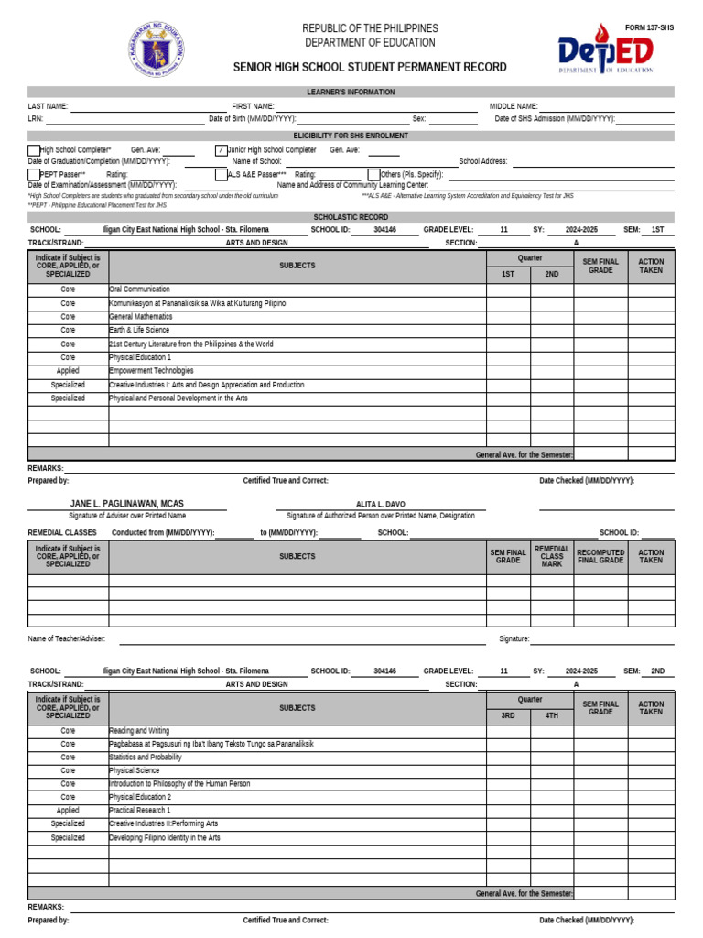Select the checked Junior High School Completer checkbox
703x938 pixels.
click(x=221, y=150)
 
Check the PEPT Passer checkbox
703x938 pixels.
click(x=34, y=174)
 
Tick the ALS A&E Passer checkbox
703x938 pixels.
click(x=221, y=174)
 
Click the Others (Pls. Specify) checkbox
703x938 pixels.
click(x=373, y=174)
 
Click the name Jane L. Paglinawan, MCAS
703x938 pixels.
click(x=127, y=504)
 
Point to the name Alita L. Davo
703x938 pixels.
click(x=380, y=504)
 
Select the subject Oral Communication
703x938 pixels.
click(x=140, y=289)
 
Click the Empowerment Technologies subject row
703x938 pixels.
click(x=152, y=371)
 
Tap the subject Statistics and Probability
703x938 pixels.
click(x=146, y=758)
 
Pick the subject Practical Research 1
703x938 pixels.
click(x=140, y=811)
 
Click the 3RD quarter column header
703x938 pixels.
click(x=507, y=715)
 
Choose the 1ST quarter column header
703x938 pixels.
click(x=507, y=274)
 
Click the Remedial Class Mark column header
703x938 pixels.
click(x=552, y=556)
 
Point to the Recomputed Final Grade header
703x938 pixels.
click(x=600, y=556)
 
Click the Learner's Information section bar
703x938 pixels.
click(x=351, y=92)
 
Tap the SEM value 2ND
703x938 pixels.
click(x=657, y=671)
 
